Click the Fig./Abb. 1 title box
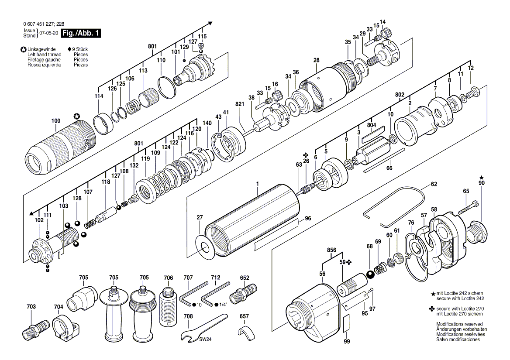pos(81,33)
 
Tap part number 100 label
pos(56,121)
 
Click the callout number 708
pos(188,316)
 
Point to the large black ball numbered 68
pos(370,275)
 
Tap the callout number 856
pos(331,250)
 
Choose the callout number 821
pos(240,104)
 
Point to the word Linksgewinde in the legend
pos(41,49)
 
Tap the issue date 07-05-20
pos(48,33)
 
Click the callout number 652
pos(245,278)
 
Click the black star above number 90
pos(482,178)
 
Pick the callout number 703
pos(31,306)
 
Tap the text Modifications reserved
pos(459,324)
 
